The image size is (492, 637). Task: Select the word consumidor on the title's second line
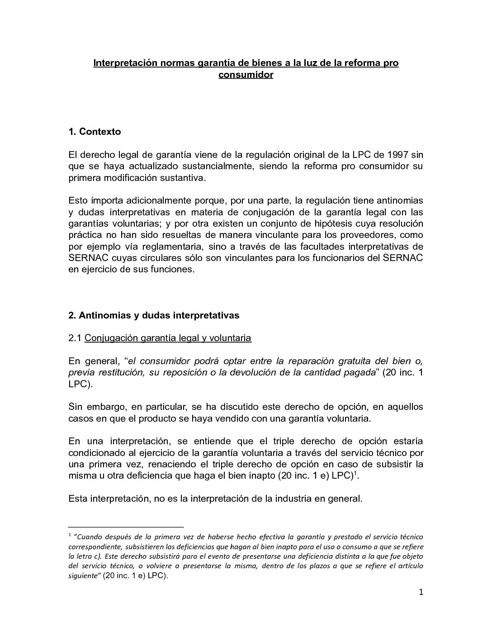[246, 75]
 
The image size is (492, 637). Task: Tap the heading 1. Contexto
[95, 132]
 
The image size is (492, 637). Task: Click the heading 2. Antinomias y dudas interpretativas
[153, 315]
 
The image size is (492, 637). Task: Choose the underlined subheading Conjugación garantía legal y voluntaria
[168, 338]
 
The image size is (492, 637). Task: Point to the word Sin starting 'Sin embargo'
[76, 407]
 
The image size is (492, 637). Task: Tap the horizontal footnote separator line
[126, 527]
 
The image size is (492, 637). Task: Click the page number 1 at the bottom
[421, 593]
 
